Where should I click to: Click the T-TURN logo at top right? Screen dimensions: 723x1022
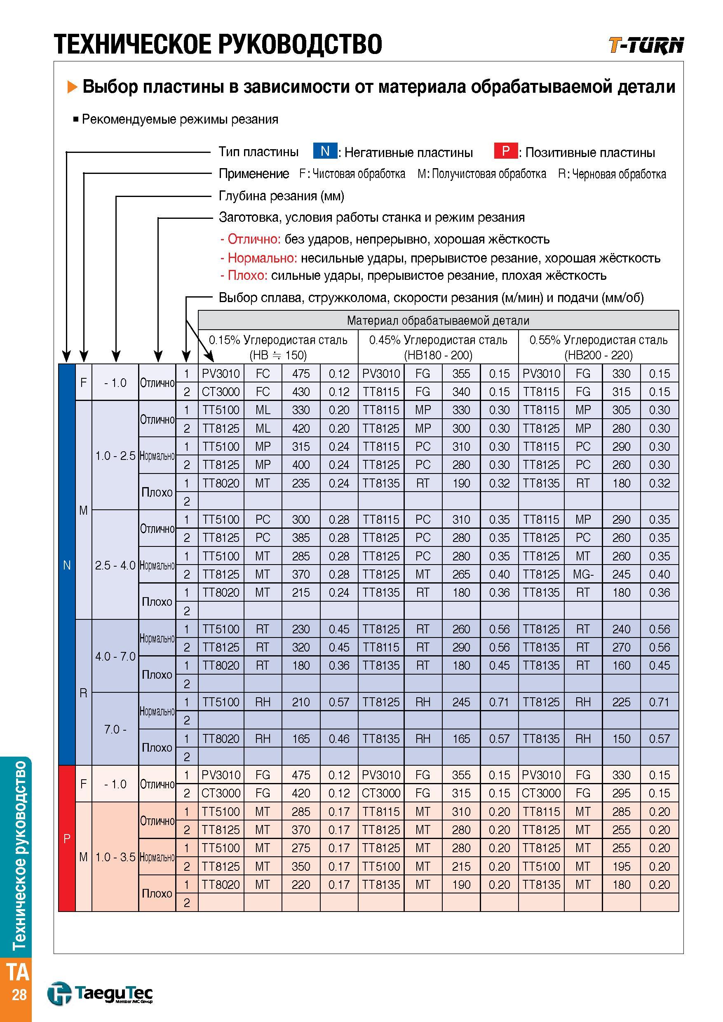point(646,45)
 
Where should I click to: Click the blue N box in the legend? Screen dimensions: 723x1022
point(325,151)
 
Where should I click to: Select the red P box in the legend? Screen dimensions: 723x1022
point(506,151)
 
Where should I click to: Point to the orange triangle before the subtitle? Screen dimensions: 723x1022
point(72,87)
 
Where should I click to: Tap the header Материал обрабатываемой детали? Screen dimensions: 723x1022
point(438,321)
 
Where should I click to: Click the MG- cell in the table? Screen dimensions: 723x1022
point(583,574)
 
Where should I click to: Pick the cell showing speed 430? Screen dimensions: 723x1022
point(301,392)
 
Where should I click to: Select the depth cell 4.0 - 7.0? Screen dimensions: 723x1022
point(115,656)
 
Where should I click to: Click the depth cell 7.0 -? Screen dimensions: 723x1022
point(115,729)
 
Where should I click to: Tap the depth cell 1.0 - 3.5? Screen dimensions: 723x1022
point(115,857)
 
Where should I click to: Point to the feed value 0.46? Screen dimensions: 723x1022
point(339,738)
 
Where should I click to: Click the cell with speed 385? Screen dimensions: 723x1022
point(301,538)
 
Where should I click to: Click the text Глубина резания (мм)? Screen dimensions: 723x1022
point(282,196)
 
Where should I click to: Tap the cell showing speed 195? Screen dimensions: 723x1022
point(621,866)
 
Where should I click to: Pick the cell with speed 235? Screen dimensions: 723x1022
point(301,483)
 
